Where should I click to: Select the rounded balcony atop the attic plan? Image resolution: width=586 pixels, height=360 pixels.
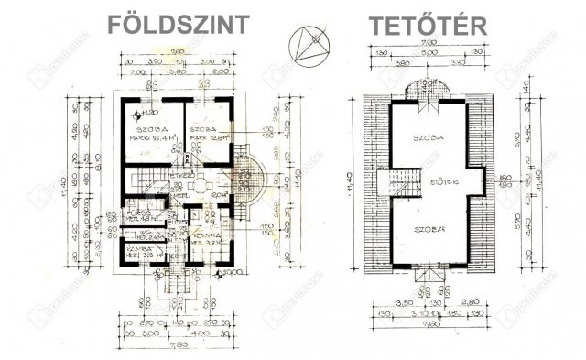[425, 88]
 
